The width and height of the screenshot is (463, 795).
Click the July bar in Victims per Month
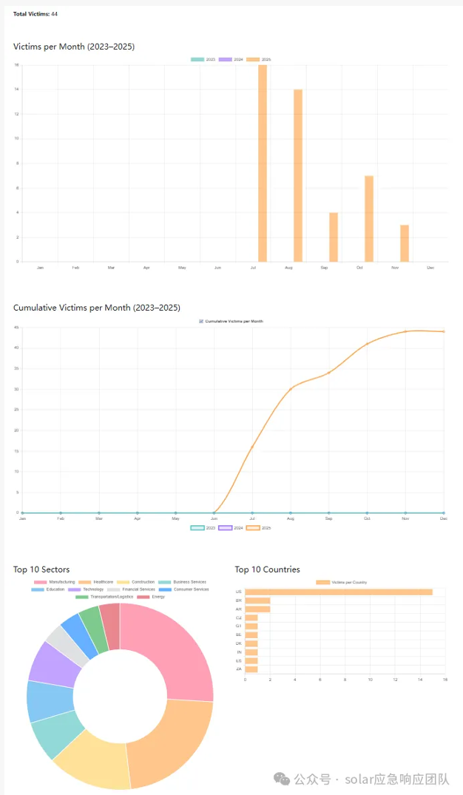[x=263, y=163]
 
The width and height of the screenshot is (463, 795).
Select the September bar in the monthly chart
[x=334, y=237]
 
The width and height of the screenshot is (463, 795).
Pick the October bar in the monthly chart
[x=369, y=218]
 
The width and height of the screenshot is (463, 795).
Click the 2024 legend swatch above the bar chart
[x=225, y=59]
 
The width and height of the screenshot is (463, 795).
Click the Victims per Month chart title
[x=74, y=47]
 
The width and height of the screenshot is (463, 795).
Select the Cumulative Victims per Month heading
[x=97, y=308]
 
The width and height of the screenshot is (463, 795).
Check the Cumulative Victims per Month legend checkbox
[x=201, y=322]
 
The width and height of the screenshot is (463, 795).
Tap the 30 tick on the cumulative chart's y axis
[x=16, y=389]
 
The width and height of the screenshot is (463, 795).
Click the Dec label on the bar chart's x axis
[x=430, y=267]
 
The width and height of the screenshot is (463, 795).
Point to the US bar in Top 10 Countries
[x=339, y=592]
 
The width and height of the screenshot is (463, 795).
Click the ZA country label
[x=239, y=669]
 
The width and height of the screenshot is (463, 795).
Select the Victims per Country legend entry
[x=341, y=583]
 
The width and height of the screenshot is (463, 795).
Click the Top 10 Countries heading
[x=267, y=569]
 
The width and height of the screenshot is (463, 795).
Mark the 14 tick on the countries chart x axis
[x=420, y=680]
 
